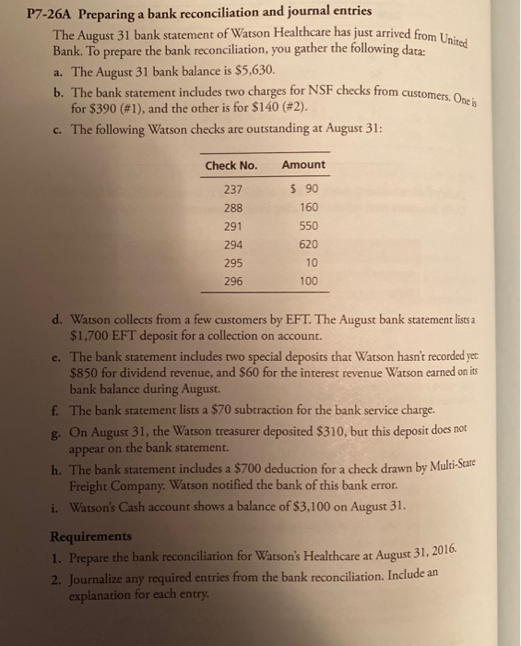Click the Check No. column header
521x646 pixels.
230,164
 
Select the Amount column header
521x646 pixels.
302,164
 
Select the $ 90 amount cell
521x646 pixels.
302,189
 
